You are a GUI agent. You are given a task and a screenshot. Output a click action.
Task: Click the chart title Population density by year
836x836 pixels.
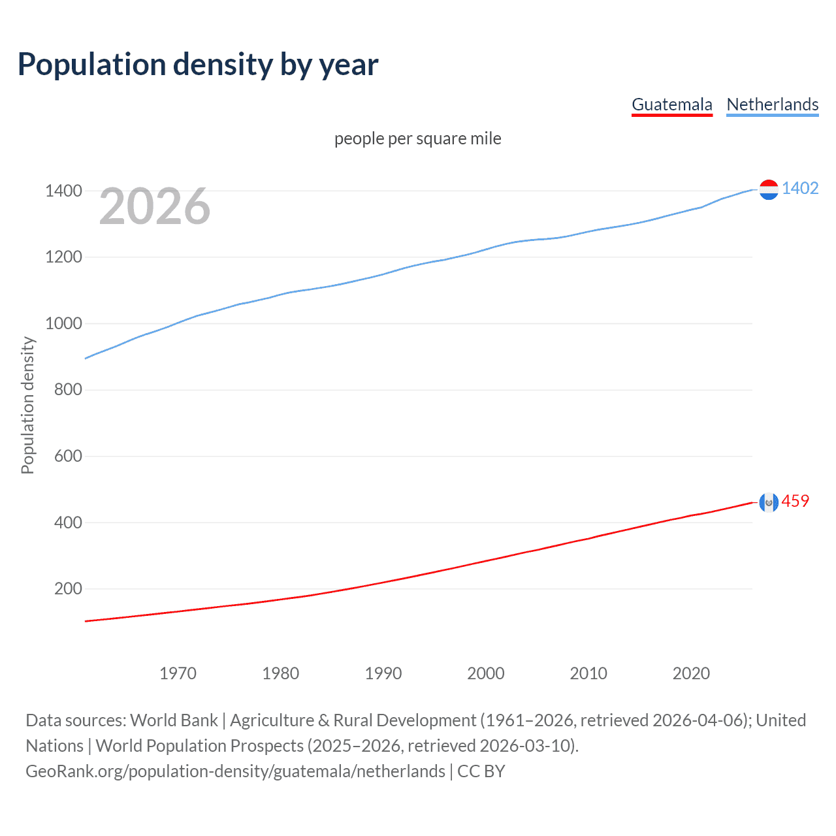198,65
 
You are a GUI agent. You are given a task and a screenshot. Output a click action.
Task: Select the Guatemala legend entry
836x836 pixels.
671,104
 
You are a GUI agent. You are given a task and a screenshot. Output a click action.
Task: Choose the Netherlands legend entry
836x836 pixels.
772,104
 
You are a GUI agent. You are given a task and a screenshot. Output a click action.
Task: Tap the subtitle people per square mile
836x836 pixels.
417,138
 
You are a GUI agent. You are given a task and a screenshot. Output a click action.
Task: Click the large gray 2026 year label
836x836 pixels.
155,206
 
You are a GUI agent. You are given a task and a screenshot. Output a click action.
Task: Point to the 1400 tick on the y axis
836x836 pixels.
63,191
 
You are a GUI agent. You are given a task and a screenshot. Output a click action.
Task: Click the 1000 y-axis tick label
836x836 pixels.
63,323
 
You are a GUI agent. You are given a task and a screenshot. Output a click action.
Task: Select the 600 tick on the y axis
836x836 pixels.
68,456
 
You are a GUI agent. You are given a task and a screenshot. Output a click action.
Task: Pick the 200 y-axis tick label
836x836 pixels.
68,588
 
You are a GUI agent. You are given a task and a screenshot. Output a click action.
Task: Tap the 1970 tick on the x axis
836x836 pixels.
178,673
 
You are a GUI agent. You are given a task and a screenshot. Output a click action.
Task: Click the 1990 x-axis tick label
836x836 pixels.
383,673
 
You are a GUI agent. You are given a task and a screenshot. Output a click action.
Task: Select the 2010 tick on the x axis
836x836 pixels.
588,673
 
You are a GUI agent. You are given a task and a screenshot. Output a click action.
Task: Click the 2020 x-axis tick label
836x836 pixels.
691,673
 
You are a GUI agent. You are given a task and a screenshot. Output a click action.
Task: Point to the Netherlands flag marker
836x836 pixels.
769,189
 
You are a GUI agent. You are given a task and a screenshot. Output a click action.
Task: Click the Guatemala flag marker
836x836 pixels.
769,502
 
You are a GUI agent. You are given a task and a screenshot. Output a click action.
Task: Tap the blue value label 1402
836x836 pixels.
800,188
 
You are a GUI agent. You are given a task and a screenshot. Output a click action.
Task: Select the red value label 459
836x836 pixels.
795,501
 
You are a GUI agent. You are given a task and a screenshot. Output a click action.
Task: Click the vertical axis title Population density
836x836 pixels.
27,405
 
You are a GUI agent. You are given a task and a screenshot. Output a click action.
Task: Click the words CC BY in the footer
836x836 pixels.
481,771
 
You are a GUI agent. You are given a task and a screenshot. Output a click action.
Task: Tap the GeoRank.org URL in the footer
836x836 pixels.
235,771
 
